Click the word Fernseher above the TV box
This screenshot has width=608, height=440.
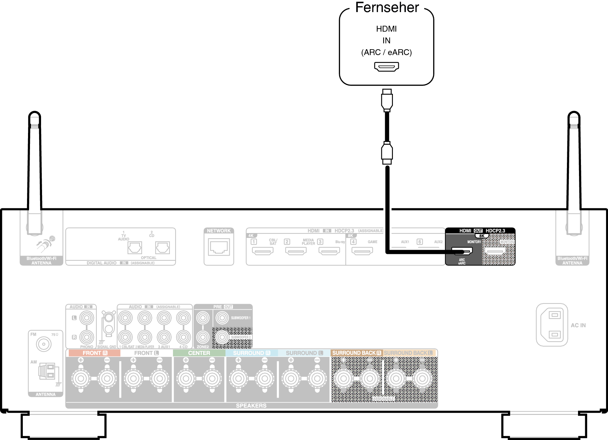coord(387,7)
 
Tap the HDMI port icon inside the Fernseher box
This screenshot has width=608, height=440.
coord(386,67)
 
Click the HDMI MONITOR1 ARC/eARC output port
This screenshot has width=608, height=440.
coord(462,251)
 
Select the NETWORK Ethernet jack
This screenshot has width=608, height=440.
coord(219,247)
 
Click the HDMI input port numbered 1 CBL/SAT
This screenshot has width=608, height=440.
coord(263,251)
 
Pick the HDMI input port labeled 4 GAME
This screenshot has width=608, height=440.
coord(362,251)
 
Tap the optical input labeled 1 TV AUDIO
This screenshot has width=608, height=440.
coord(135,248)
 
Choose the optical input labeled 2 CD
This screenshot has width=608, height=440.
coord(162,248)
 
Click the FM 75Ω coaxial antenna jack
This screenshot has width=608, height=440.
coord(44,344)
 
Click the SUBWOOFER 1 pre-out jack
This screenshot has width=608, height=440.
coord(222,318)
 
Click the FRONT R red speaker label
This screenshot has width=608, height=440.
coord(94,353)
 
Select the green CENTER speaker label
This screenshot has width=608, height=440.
coord(199,353)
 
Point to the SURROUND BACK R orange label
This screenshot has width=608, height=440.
coord(356,353)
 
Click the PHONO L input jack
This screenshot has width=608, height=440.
coord(87,318)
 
